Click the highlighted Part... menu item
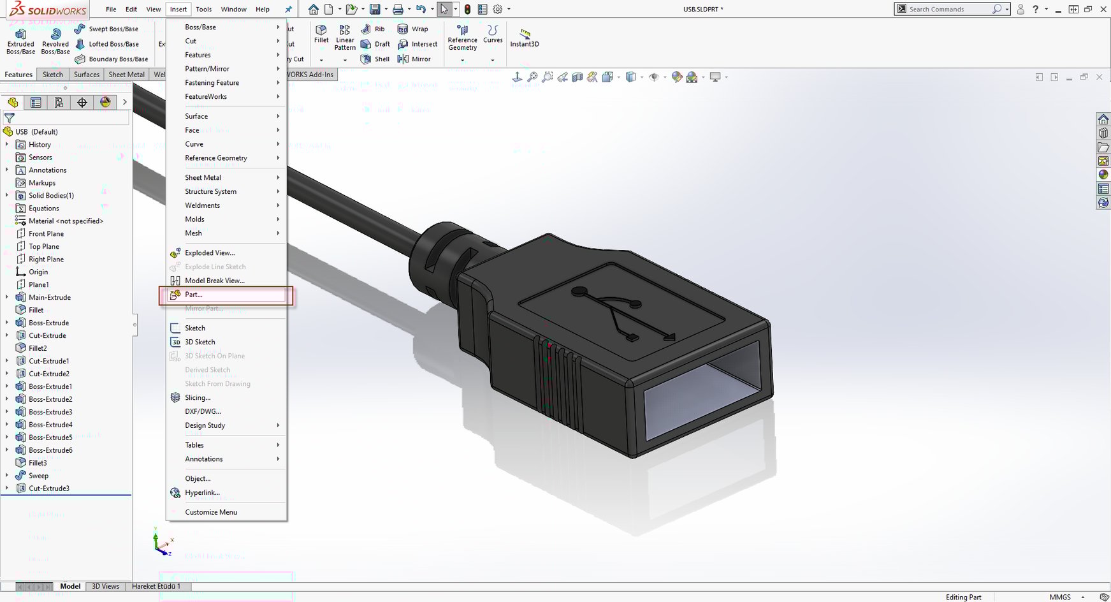[194, 295]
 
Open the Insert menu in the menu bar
[178, 9]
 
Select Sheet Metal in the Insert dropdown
[203, 177]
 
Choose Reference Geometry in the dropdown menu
[215, 158]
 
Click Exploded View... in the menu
[209, 253]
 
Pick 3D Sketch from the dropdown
[200, 342]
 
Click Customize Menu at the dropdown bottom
[210, 512]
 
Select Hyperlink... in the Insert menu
[202, 492]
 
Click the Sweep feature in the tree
[38, 476]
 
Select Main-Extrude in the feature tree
[49, 297]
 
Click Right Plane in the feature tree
[46, 259]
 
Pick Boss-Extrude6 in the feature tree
[50, 450]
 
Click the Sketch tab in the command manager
[53, 75]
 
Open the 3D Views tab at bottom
[105, 586]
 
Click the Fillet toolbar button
[321, 34]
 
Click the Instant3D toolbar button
[525, 38]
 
